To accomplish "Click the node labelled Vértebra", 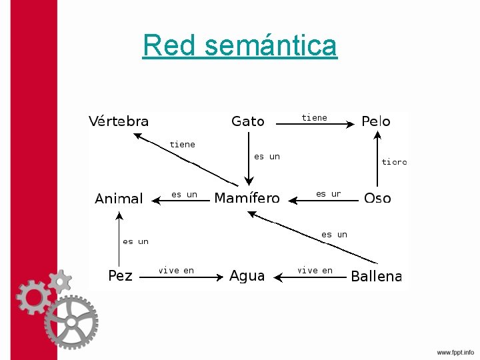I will coord(119,121).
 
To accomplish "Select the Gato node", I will coord(248,121).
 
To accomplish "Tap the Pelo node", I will coord(376,121).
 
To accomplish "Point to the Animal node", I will coord(119,199).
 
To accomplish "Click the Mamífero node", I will coord(247,198).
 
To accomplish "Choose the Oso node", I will coord(377,198).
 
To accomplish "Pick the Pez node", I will coord(121,275).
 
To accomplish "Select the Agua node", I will coord(247,276).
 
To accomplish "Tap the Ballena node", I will coord(376,276).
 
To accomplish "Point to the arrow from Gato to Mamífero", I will coord(249,160).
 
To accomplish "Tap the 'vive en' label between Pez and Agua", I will coord(176,270).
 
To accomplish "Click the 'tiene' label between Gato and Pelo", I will coord(314,117).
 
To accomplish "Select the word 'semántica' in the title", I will coord(271,45).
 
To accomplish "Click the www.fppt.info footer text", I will coord(455,352).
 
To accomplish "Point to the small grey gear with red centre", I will coord(59,281).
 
